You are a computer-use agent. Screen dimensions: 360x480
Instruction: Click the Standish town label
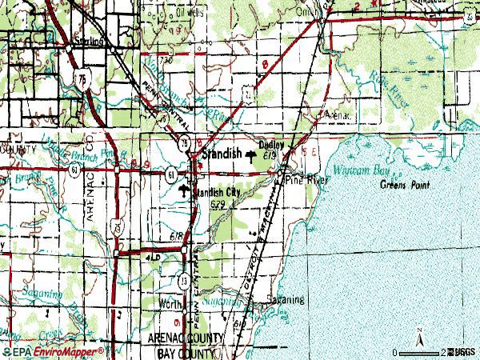224,152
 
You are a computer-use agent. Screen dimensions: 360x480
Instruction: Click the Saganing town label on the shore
286,299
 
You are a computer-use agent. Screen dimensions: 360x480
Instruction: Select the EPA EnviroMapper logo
52,351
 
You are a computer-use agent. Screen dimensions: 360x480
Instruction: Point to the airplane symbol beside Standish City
186,192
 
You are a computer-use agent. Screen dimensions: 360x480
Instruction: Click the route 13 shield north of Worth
185,280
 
